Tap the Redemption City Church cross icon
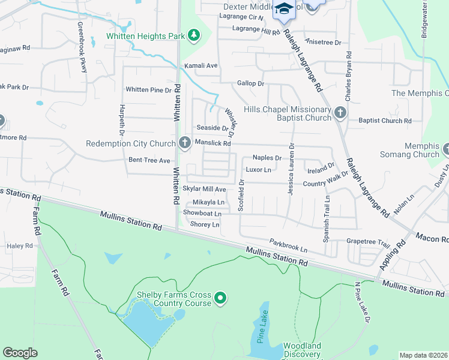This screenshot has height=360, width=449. [185, 143]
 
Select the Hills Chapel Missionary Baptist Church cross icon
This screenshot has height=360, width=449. [340, 112]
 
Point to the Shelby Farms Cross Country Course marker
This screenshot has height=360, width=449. [220, 297]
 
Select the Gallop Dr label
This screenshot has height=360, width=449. [250, 83]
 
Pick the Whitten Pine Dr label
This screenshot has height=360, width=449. [148, 90]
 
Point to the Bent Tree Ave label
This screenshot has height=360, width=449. [149, 161]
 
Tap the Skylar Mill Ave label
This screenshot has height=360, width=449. [204, 189]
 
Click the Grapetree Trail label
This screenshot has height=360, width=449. [368, 242]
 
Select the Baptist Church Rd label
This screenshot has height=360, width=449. [384, 121]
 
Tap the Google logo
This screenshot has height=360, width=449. [20, 353]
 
